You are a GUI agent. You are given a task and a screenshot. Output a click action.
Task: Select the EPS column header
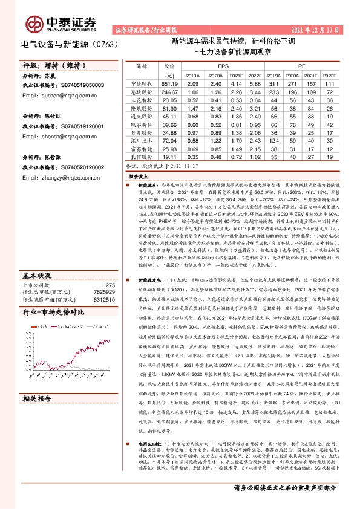[223, 65]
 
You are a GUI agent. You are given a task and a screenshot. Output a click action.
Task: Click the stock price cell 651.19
[169, 83]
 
